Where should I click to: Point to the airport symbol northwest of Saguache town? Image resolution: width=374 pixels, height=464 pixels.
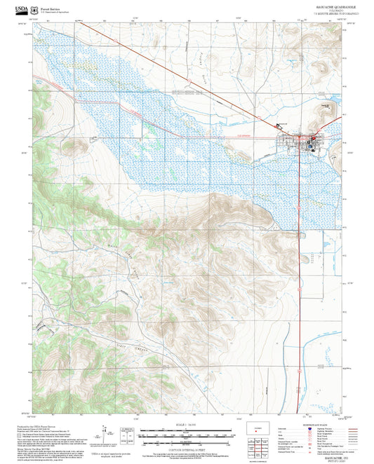point(279,125)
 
